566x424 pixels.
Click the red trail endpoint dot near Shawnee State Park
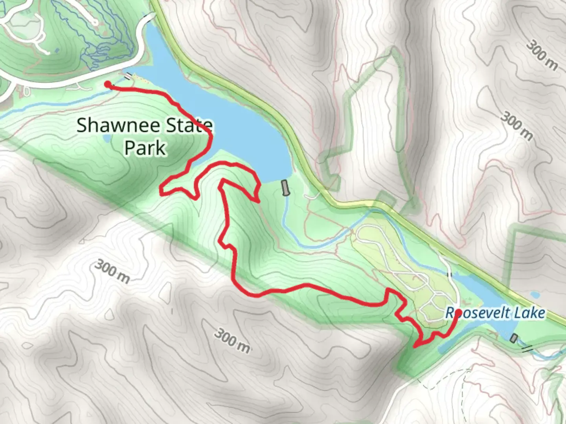[x=107, y=84]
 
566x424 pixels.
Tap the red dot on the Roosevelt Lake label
[x=458, y=313]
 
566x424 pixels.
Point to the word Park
[x=145, y=148]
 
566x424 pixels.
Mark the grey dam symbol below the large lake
[x=286, y=188]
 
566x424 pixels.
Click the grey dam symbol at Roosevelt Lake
[x=513, y=338]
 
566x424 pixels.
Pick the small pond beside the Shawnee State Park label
[x=106, y=139]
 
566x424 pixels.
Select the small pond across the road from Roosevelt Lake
[x=535, y=294]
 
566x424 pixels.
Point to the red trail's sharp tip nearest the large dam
[x=258, y=202]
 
